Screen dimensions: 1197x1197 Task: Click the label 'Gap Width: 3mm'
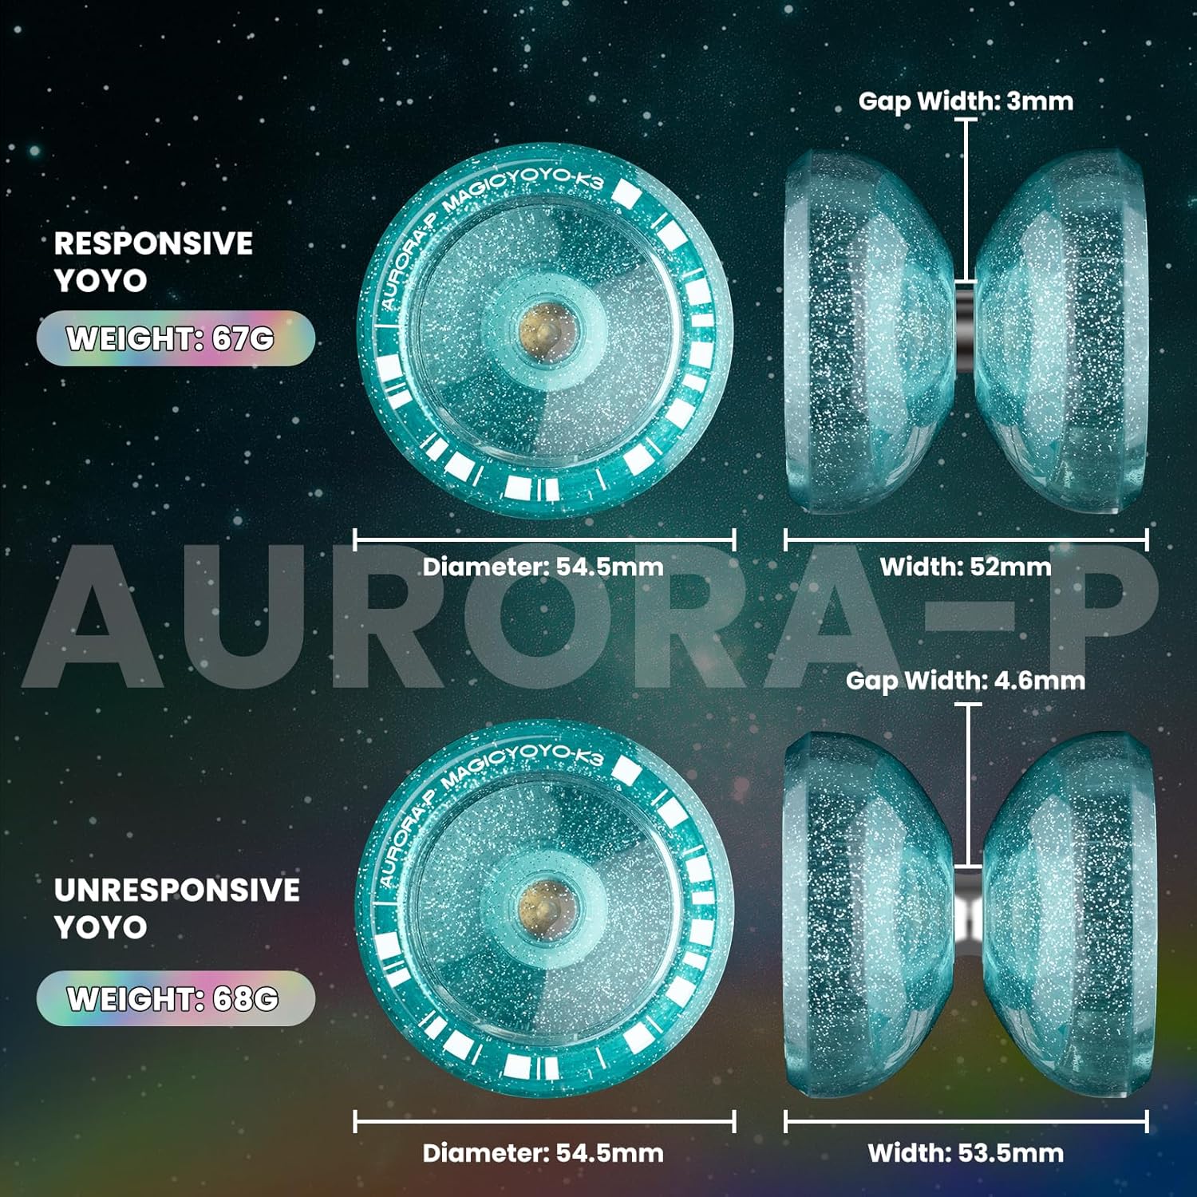click(x=966, y=101)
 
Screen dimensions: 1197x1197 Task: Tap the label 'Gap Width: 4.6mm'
click(x=966, y=681)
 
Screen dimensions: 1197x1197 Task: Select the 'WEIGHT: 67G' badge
click(x=175, y=338)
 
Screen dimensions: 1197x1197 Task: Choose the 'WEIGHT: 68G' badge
click(x=175, y=998)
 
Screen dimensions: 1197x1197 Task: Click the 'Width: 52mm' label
click(x=966, y=567)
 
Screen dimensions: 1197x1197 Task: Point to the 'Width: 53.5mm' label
click(x=966, y=1152)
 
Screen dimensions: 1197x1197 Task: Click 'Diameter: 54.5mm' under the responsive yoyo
click(x=543, y=567)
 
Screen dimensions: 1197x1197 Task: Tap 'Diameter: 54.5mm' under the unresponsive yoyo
click(x=543, y=1152)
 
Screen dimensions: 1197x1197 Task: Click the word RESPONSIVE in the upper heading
click(x=153, y=243)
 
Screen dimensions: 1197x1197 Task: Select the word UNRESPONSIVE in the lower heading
click(x=176, y=890)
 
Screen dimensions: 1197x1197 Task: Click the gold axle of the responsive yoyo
click(x=543, y=328)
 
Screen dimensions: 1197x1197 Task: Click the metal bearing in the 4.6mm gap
click(x=968, y=910)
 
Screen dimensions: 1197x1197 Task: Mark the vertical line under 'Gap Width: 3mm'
click(x=966, y=199)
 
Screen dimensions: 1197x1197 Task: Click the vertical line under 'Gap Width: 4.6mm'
click(x=968, y=786)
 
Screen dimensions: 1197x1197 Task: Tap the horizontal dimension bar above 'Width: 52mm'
click(x=966, y=539)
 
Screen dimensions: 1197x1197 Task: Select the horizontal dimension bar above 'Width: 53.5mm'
click(x=966, y=1121)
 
